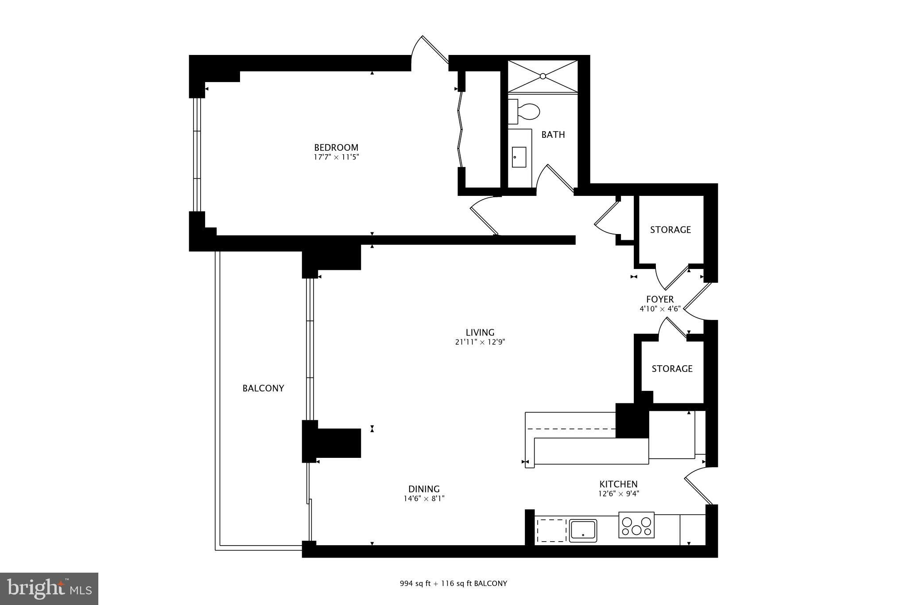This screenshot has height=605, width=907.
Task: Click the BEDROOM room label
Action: [x=336, y=148]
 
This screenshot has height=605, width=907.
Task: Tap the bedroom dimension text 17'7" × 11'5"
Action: [x=336, y=157]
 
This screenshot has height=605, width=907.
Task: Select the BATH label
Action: [x=553, y=135]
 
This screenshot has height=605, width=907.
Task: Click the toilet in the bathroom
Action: [x=524, y=112]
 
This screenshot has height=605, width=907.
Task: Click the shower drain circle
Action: [x=543, y=76]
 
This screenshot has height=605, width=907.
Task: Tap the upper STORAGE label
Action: [x=671, y=230]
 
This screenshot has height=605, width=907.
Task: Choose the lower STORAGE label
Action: [x=672, y=369]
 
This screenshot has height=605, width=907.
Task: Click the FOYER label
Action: [x=660, y=300]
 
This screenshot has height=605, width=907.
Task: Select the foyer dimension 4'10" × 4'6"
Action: [x=660, y=309]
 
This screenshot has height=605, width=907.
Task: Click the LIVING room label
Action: [x=480, y=332]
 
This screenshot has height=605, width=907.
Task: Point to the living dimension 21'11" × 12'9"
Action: [x=480, y=342]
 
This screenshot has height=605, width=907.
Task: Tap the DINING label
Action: [x=424, y=489]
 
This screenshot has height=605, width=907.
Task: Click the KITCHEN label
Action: [x=619, y=484]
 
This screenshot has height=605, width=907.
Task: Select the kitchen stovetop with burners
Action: [x=636, y=525]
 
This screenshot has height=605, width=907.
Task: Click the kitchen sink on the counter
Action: [x=583, y=530]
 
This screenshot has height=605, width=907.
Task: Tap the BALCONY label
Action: [x=263, y=388]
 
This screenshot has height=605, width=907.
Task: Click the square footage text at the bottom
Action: [x=453, y=583]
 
